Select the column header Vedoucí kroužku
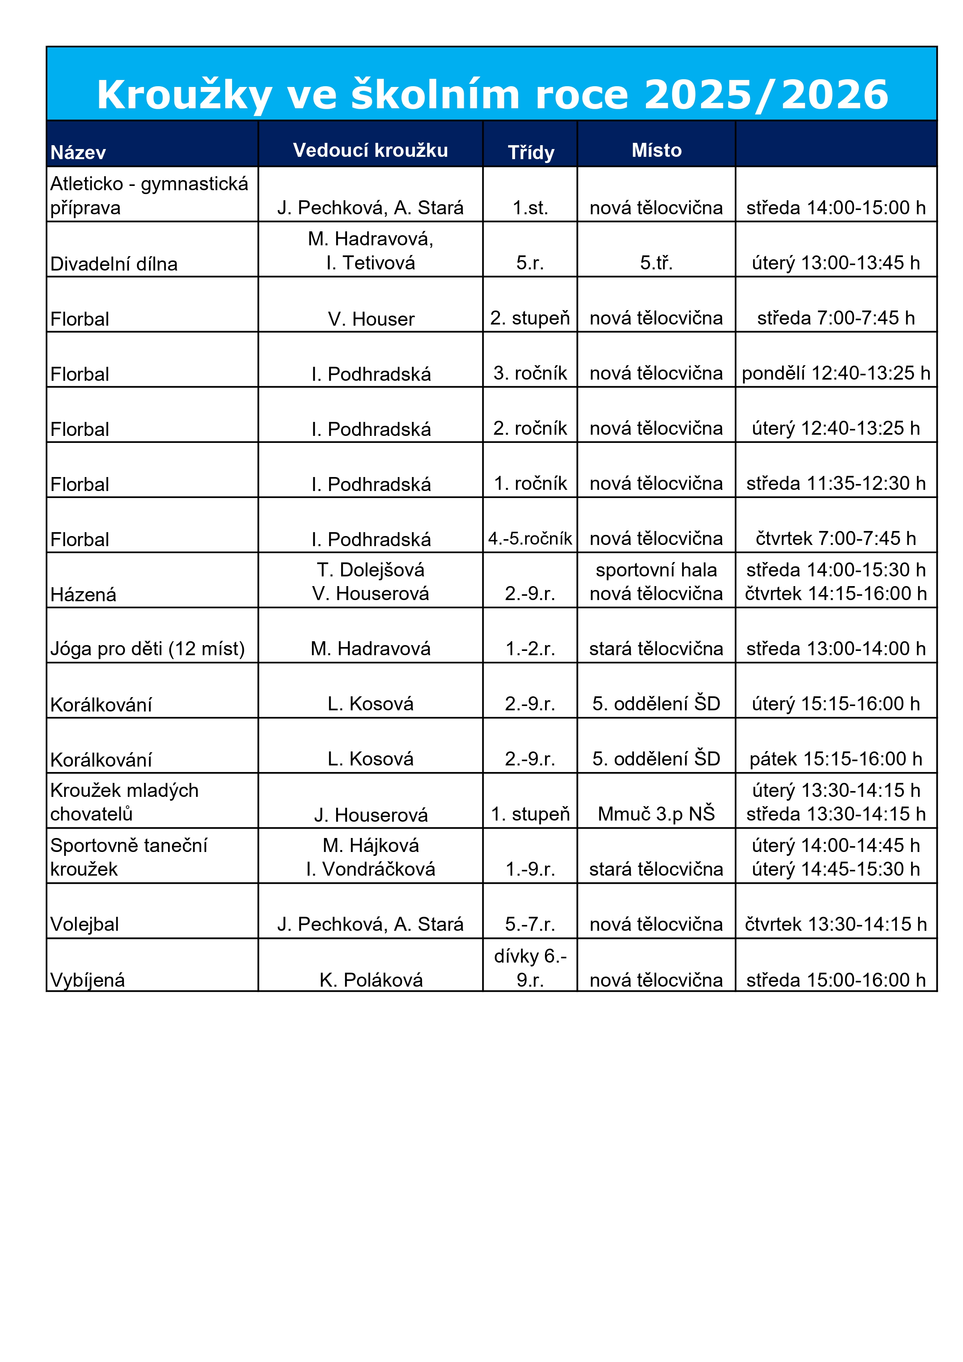(x=370, y=150)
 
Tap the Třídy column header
(x=531, y=153)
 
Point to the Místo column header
(x=656, y=150)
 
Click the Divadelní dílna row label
(x=114, y=264)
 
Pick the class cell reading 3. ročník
(x=530, y=373)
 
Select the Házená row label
(x=84, y=594)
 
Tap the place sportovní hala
(x=656, y=570)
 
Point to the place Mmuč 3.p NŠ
(x=656, y=814)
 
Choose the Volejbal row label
(x=85, y=924)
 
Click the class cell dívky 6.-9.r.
(x=530, y=968)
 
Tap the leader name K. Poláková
(x=371, y=980)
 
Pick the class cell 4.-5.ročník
(x=530, y=539)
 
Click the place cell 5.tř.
(x=656, y=263)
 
